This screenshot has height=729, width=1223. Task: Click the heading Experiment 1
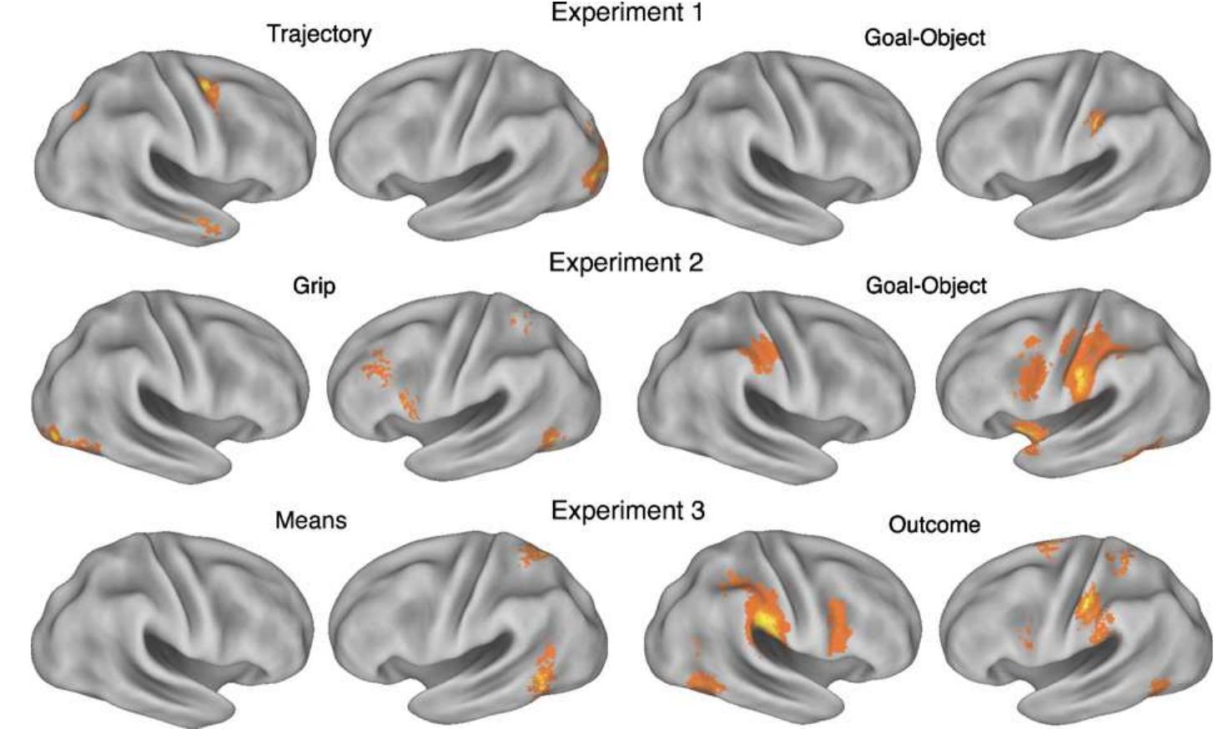pyautogui.click(x=627, y=12)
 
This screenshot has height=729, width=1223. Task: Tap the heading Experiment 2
pyautogui.click(x=627, y=262)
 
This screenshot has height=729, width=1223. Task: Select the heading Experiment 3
pyautogui.click(x=628, y=510)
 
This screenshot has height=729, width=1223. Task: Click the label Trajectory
pyautogui.click(x=320, y=34)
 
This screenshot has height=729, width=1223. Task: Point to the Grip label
pyautogui.click(x=314, y=286)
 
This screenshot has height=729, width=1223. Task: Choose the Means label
pyautogui.click(x=310, y=520)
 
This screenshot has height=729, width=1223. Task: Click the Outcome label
pyautogui.click(x=934, y=524)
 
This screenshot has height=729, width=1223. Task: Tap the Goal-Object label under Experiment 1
pyautogui.click(x=925, y=38)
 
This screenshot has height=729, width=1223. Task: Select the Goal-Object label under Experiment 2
pyautogui.click(x=926, y=286)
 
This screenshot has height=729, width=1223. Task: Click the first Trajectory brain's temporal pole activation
pyautogui.click(x=209, y=225)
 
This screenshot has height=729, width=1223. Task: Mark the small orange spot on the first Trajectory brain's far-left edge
pyautogui.click(x=79, y=112)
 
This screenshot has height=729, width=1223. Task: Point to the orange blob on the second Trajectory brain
pyautogui.click(x=596, y=164)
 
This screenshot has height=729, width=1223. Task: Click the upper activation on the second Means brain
pyautogui.click(x=531, y=554)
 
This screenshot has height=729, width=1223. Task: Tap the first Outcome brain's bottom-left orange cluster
pyautogui.click(x=705, y=683)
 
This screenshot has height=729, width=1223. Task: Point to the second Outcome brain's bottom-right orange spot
pyautogui.click(x=1160, y=686)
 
